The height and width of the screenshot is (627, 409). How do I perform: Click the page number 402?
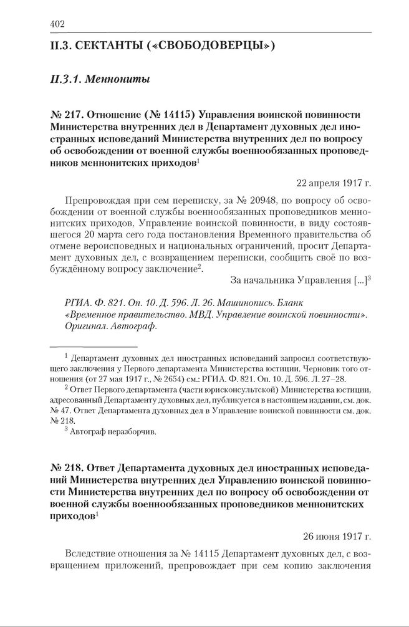(x=57, y=24)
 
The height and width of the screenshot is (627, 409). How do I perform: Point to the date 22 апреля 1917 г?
(x=334, y=183)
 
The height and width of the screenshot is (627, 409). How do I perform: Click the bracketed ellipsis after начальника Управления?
(x=360, y=280)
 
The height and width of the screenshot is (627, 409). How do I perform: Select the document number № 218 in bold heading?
(x=64, y=467)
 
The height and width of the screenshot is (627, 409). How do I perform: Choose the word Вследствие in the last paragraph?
(x=92, y=553)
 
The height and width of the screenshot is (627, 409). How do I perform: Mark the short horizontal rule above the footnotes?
(x=93, y=347)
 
